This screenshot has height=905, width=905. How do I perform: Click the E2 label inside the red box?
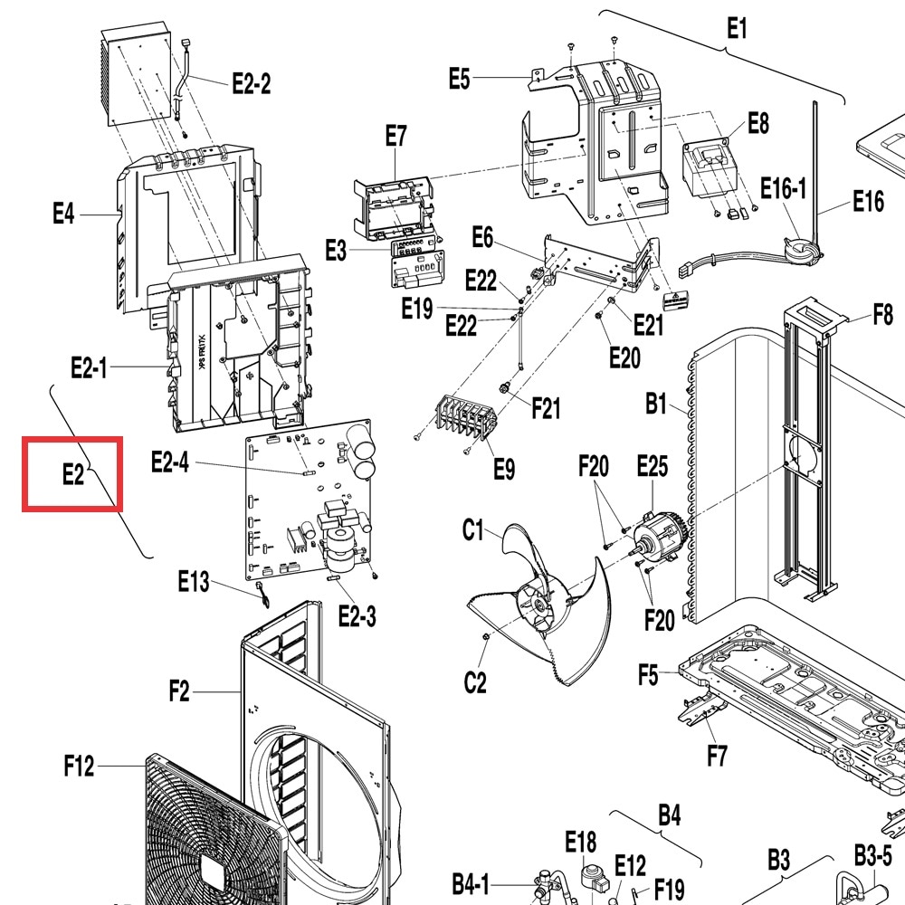coord(73,474)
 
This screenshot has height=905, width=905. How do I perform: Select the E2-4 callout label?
coord(170,462)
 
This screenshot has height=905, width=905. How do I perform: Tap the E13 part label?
coord(194,581)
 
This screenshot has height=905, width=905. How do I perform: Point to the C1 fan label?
coord(472,529)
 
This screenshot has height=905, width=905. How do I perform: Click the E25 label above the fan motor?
coord(653,466)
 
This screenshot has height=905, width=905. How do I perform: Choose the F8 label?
coord(883,315)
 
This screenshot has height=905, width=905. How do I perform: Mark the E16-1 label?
coord(783,188)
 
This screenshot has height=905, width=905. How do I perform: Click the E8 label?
coord(758,123)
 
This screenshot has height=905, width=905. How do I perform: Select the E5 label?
coord(460,79)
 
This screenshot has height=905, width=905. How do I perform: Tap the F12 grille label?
coord(79,766)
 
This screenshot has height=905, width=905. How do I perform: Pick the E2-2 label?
coord(251,83)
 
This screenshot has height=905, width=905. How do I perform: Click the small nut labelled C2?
coord(485,635)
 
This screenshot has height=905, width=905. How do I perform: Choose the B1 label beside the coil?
coord(656,404)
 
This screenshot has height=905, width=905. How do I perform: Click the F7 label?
coord(718,755)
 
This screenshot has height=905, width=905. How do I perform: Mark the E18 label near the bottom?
coord(581,842)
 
